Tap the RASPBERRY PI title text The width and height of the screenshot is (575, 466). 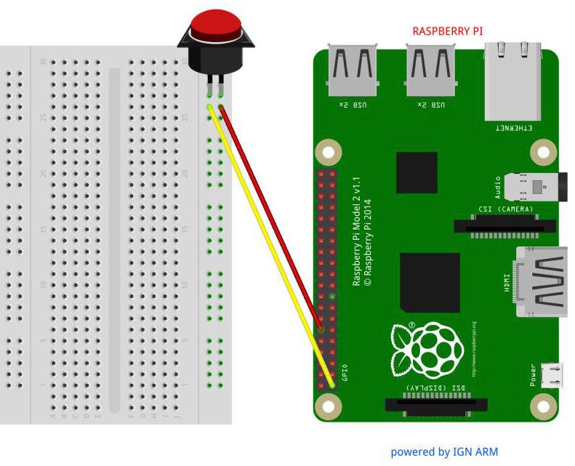(x=447, y=31)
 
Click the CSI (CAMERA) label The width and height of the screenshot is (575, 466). (x=505, y=209)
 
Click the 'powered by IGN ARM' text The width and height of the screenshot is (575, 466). (x=444, y=451)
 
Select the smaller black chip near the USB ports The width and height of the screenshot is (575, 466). (x=417, y=172)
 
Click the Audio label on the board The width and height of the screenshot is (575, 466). (x=498, y=188)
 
